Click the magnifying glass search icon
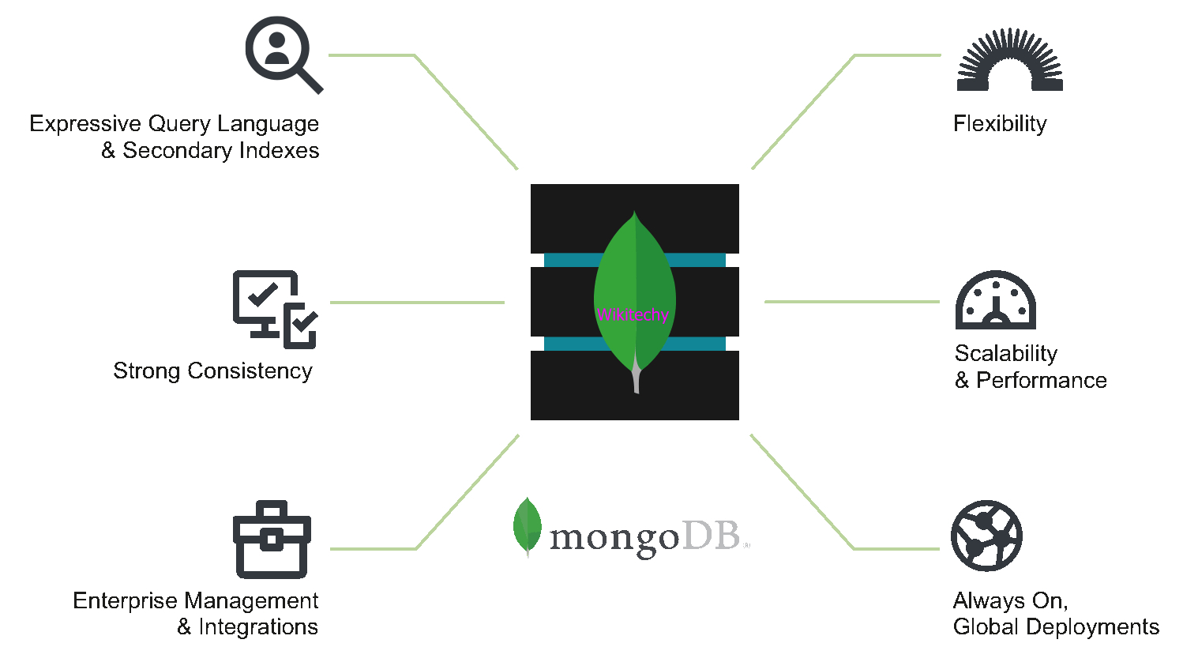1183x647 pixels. [x=281, y=54]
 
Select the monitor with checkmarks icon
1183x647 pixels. [x=274, y=309]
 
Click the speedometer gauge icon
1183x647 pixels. [x=995, y=301]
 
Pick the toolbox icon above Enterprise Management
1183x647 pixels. [x=272, y=540]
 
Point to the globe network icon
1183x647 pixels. [x=986, y=536]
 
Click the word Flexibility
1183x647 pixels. [x=1000, y=124]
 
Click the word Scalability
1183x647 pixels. [x=1005, y=353]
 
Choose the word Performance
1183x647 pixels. [x=1041, y=381]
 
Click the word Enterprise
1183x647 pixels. [x=125, y=601]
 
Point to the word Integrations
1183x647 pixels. [x=257, y=627]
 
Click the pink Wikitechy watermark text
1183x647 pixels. [x=633, y=314]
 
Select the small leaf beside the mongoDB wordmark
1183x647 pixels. [x=527, y=527]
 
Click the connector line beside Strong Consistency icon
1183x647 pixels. [x=417, y=303]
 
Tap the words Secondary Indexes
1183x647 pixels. [x=220, y=151]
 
